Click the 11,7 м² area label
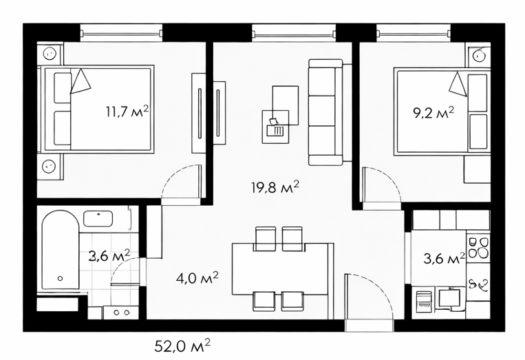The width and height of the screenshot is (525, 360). [127, 112]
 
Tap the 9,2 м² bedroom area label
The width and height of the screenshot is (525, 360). [433, 113]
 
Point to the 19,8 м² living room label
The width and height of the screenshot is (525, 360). [275, 187]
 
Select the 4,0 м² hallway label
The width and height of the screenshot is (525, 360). [197, 277]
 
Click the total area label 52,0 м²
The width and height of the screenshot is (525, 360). [182, 346]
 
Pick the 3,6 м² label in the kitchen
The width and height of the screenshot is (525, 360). [444, 258]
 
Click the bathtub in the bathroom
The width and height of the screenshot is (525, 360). [61, 250]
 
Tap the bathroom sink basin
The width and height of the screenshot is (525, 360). [98, 219]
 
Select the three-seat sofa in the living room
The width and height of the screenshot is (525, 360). [325, 112]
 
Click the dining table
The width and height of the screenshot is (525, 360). [280, 269]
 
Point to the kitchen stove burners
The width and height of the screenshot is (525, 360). [478, 248]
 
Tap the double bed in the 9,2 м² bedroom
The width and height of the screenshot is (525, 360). [442, 112]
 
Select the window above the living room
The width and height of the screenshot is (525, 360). [294, 34]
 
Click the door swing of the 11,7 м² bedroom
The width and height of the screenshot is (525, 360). [181, 181]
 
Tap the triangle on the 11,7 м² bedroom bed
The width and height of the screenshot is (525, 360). [80, 81]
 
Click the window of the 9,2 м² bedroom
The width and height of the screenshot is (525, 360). [413, 34]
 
